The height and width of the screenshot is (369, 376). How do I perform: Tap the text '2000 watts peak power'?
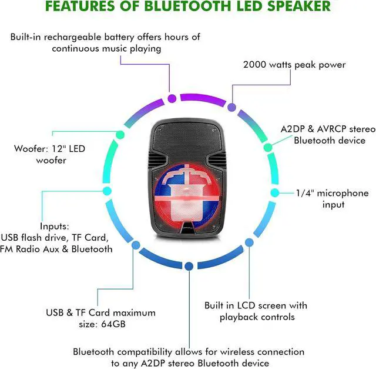[294, 65]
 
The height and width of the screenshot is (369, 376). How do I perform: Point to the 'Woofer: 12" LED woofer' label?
[50, 154]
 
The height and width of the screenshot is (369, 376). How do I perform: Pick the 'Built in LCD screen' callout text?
[256, 311]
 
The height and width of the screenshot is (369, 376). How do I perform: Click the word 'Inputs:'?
[55, 226]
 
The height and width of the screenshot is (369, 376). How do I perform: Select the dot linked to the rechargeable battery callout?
[172, 99]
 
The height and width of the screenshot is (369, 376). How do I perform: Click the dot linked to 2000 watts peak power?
[231, 108]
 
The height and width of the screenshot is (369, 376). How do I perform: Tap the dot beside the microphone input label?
[274, 192]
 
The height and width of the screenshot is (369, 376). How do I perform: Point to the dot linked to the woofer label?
[120, 135]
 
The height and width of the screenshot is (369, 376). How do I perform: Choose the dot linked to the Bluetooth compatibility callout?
[189, 266]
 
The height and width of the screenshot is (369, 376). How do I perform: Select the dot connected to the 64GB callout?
[136, 245]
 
